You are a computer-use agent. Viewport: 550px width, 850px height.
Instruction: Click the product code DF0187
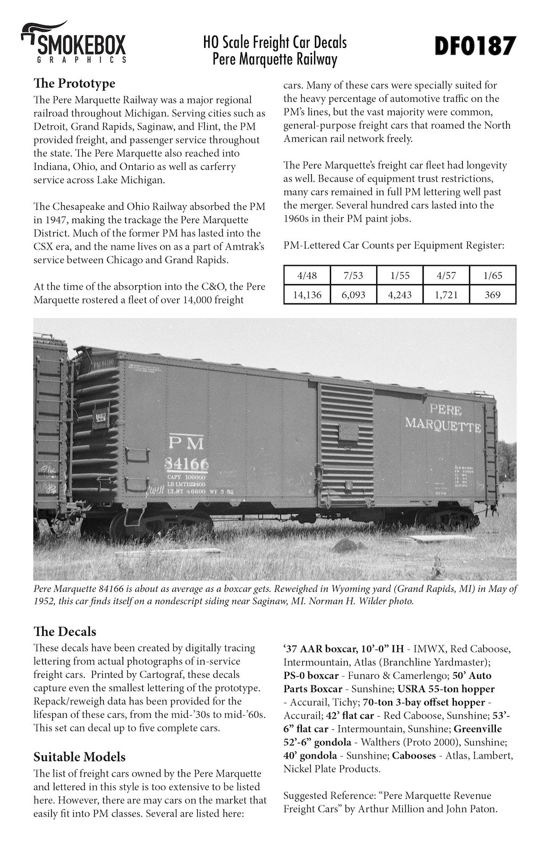475,46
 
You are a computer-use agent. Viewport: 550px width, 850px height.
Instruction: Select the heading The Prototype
74,83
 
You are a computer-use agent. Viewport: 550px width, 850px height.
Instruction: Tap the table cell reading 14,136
307,294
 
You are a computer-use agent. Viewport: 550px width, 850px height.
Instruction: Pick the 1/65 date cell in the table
493,275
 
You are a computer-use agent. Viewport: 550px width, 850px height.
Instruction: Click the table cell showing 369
493,294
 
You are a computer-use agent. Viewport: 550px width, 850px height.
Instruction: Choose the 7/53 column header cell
353,275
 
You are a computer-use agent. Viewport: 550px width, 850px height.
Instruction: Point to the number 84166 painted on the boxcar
187,464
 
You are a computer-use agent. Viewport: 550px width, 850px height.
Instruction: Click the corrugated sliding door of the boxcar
346,444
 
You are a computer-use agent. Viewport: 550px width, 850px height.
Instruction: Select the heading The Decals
65,631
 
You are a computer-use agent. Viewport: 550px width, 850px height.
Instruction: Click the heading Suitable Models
79,756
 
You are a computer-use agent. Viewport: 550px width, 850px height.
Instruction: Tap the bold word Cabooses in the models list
415,755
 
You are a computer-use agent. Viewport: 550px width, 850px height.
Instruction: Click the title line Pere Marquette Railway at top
275,59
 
